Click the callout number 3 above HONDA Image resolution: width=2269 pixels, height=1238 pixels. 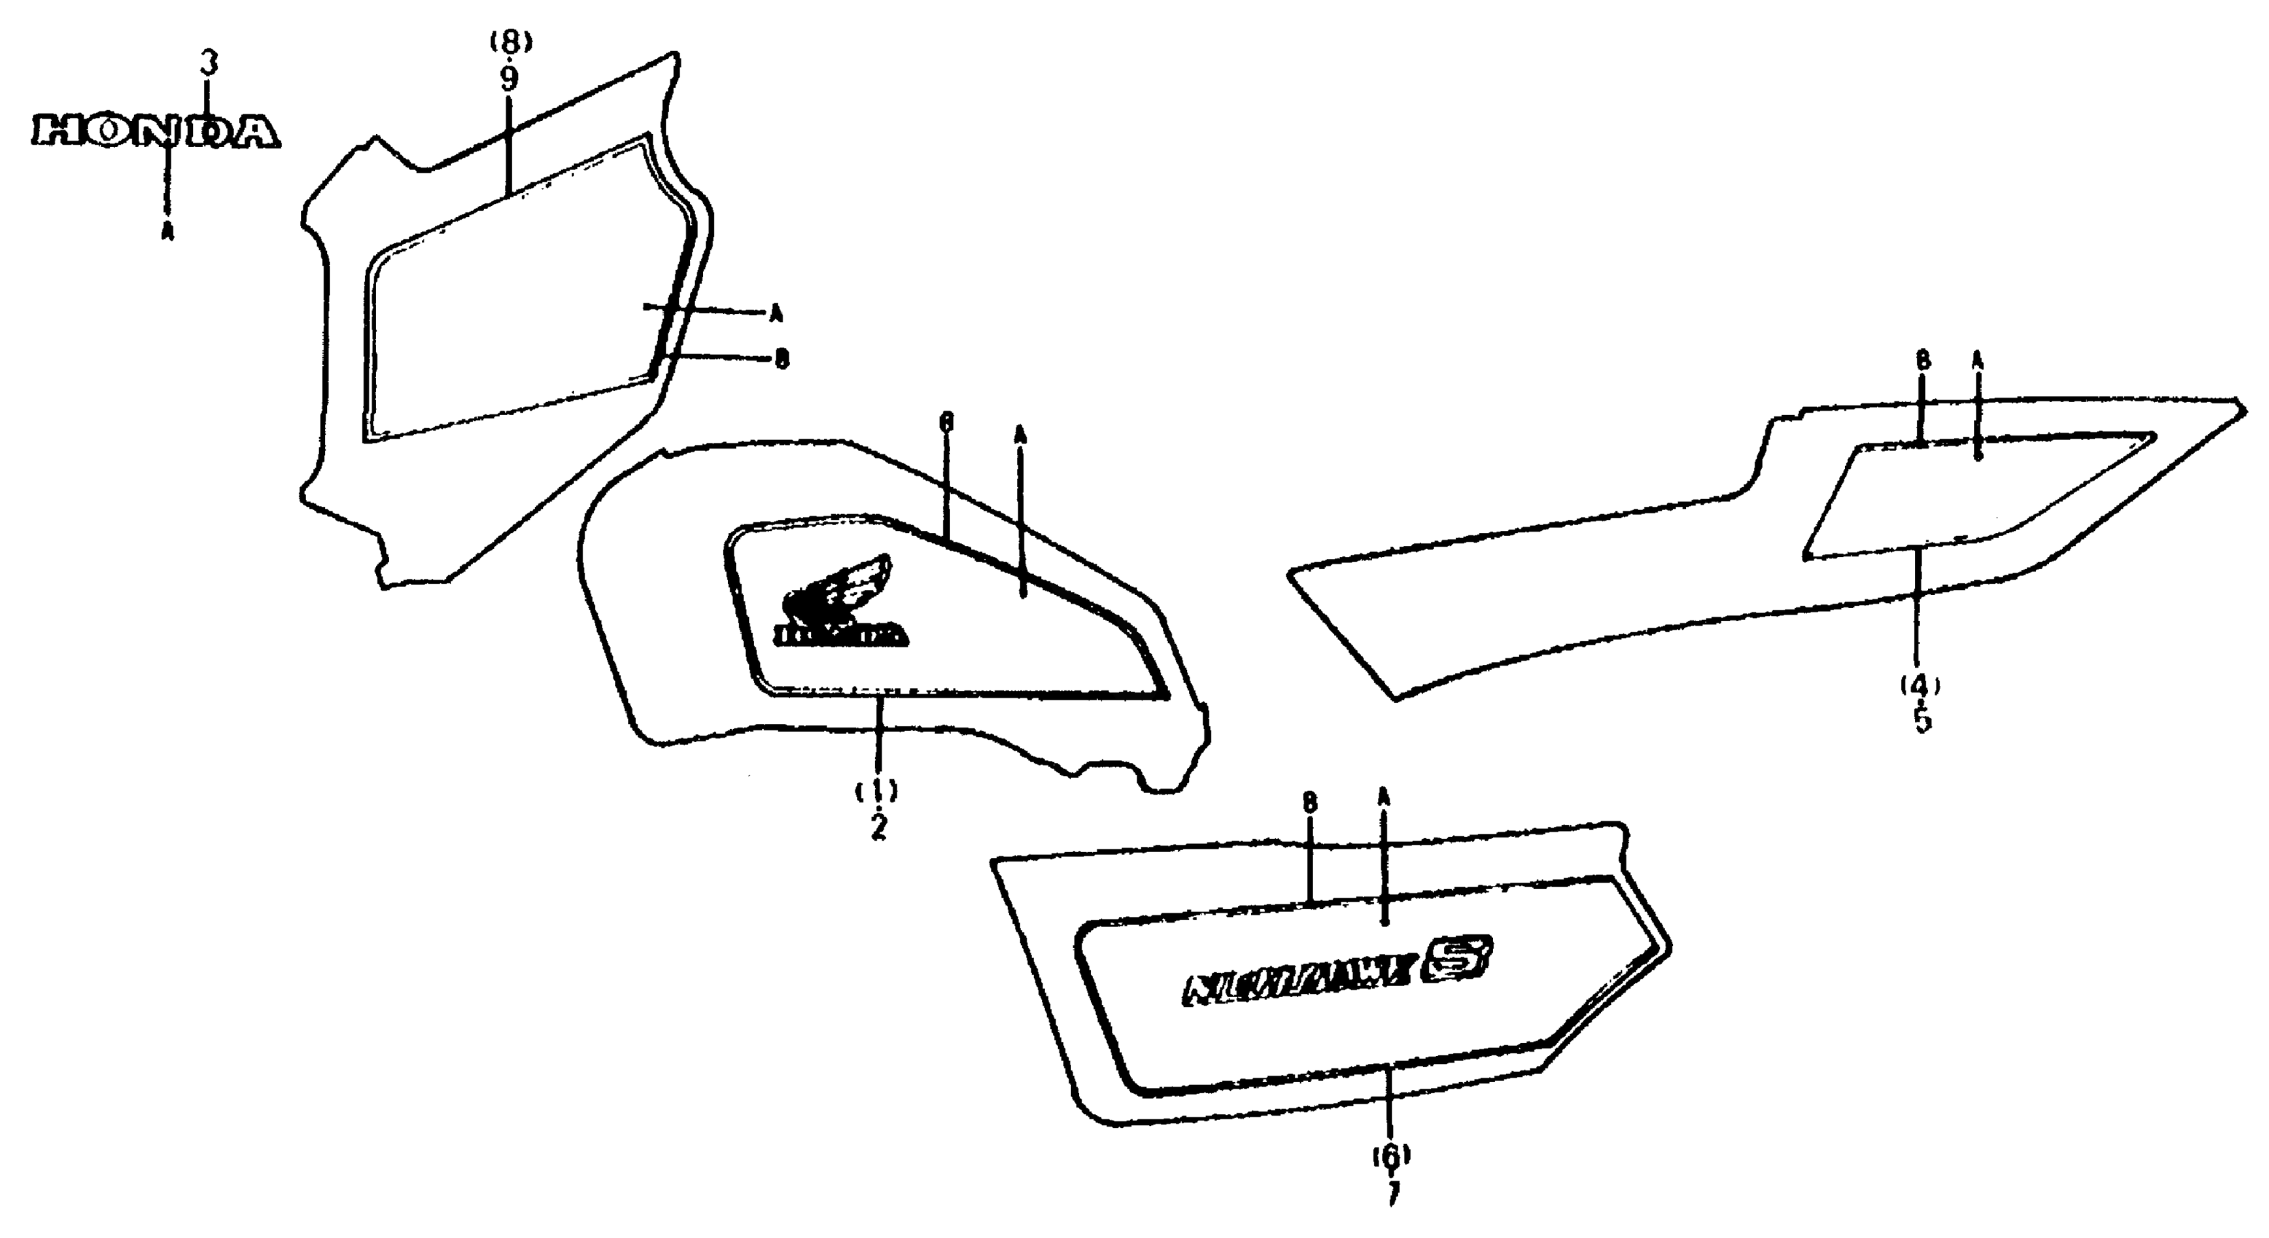pyautogui.click(x=208, y=64)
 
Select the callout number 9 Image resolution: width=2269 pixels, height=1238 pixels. pyautogui.click(x=509, y=79)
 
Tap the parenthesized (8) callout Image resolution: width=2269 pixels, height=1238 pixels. pyautogui.click(x=510, y=41)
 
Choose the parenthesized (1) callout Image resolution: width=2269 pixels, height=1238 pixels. pyautogui.click(x=877, y=790)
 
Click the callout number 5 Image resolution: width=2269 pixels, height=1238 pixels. pyautogui.click(x=1922, y=720)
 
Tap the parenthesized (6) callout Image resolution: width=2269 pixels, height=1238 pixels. pyautogui.click(x=1391, y=1154)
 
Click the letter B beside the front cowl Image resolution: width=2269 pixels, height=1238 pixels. pyautogui.click(x=781, y=359)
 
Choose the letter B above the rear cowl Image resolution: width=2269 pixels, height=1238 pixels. pyautogui.click(x=1923, y=360)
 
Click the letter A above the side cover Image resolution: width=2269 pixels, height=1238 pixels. pyautogui.click(x=1383, y=796)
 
